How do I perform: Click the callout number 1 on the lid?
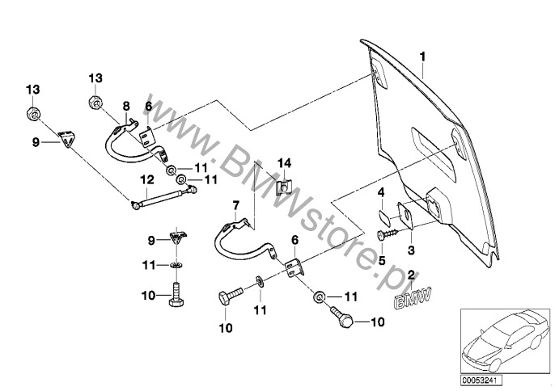click(421, 57)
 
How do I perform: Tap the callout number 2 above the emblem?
click(411, 275)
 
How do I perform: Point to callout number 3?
click(410, 251)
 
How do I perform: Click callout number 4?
click(380, 192)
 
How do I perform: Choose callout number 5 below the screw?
click(380, 261)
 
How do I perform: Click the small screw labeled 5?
click(386, 233)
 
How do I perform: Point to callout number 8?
click(126, 106)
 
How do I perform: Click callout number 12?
click(146, 179)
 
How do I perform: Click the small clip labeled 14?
click(284, 187)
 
